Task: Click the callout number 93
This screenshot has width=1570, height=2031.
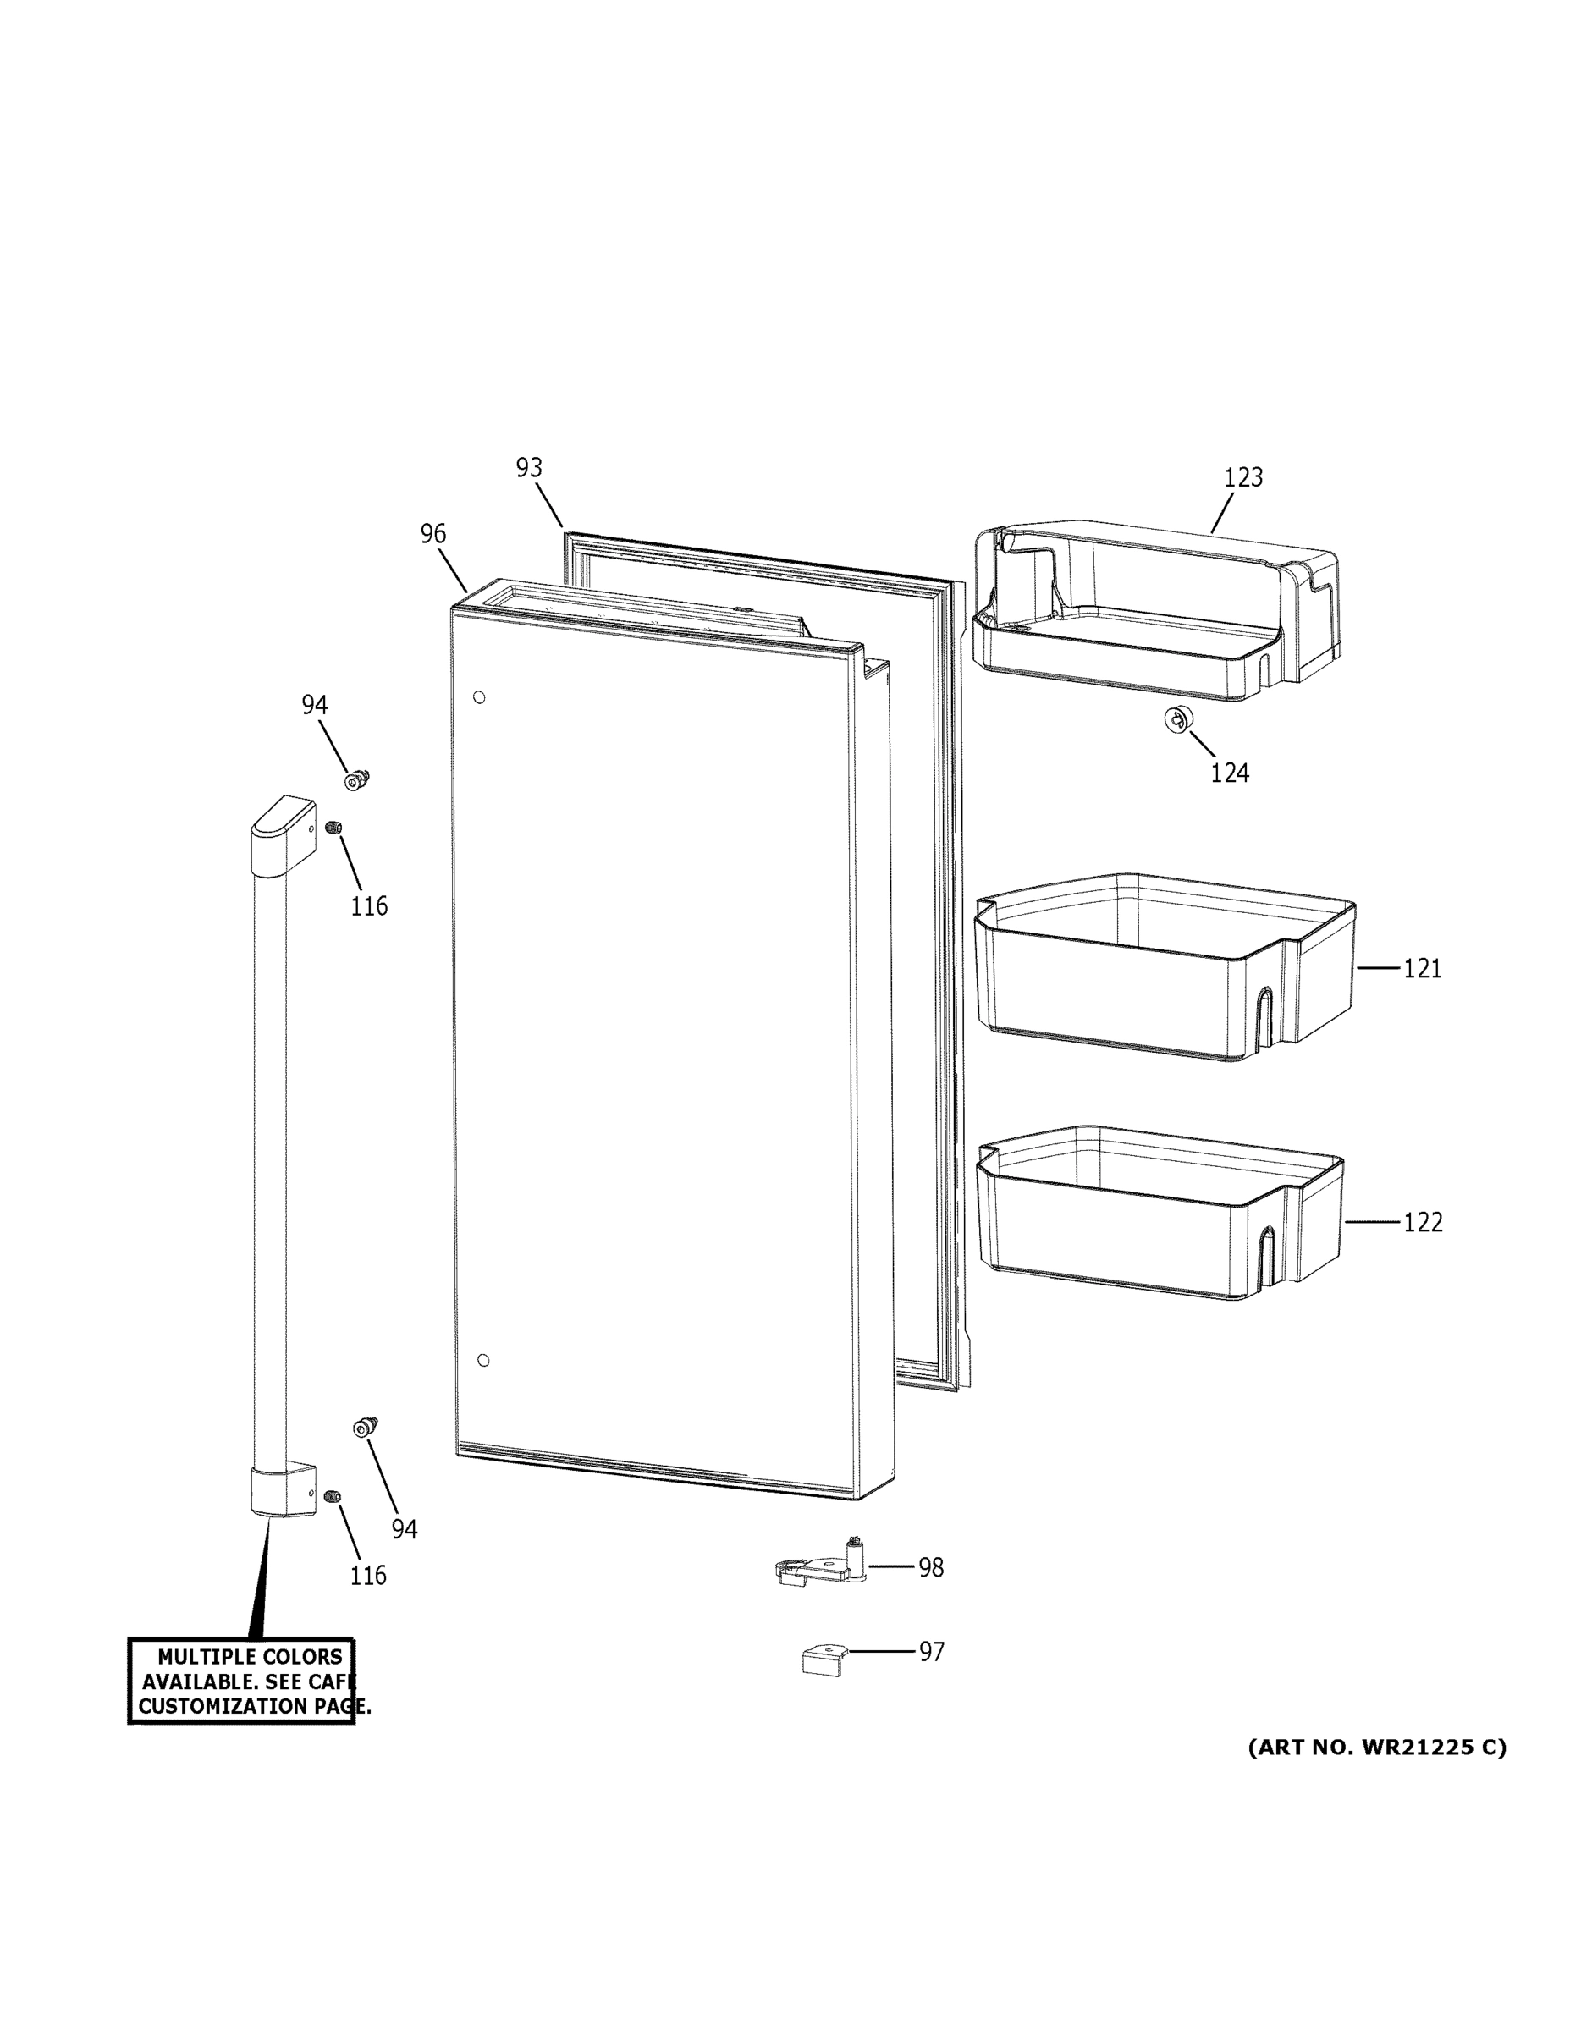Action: (529, 468)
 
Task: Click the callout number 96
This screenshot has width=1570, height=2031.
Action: (433, 534)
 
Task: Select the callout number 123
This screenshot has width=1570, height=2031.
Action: (1242, 478)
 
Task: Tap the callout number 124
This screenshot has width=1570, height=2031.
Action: (1229, 773)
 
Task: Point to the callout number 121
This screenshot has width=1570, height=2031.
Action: (1422, 969)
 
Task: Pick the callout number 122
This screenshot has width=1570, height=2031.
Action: (1422, 1222)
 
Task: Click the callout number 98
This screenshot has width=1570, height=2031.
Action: (931, 1568)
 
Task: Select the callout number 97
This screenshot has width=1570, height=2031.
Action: (932, 1652)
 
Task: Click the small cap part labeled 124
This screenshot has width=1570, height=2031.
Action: (1178, 718)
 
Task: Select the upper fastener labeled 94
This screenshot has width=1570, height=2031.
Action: (356, 780)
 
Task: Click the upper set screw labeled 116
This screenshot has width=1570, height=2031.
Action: (333, 828)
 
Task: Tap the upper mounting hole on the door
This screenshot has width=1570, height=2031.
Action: (479, 697)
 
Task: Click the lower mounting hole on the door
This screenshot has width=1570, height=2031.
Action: (482, 1361)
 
